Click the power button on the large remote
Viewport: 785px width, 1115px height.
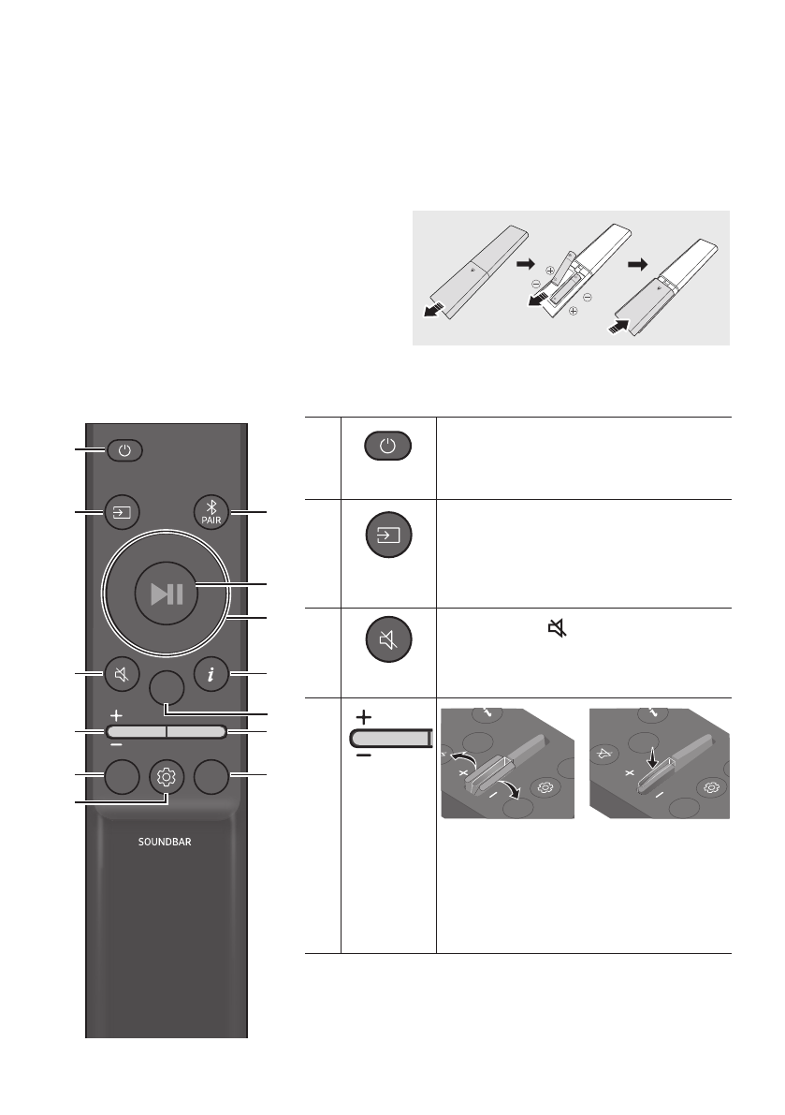125,450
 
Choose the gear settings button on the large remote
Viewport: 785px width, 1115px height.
167,777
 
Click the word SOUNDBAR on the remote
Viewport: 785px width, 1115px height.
165,843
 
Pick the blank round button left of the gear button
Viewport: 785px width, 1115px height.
123,777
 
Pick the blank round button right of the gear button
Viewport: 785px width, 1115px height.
211,777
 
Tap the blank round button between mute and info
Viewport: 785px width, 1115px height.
167,691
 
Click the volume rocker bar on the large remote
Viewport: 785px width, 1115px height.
166,731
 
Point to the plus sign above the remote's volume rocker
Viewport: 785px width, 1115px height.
115,714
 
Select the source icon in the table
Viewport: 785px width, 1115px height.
388,536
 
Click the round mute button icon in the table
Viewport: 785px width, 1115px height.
388,642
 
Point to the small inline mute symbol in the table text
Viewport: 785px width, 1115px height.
558,632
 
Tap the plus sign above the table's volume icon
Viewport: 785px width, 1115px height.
364,715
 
